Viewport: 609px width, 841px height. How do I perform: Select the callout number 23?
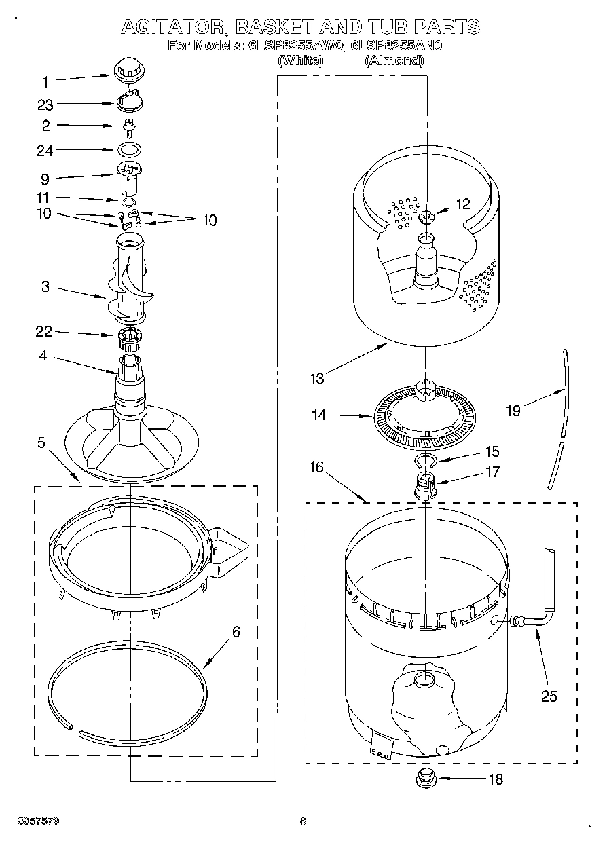coord(45,105)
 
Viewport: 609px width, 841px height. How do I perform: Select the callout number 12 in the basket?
coord(462,204)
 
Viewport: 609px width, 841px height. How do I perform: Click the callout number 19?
coord(513,411)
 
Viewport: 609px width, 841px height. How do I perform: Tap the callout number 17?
coord(492,471)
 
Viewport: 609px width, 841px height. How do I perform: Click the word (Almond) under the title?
coord(394,60)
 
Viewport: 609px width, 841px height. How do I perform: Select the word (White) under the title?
coord(300,60)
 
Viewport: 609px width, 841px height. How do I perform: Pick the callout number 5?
coord(41,443)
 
